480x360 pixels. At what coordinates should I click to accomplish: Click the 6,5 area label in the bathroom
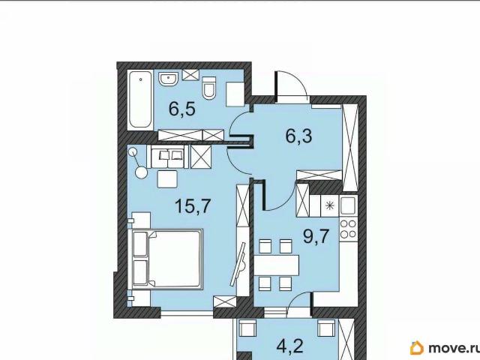click(x=181, y=109)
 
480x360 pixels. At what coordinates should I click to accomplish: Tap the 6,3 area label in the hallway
click(x=298, y=136)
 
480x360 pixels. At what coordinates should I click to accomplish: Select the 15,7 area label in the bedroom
click(x=193, y=205)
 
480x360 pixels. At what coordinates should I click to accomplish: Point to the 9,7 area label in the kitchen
click(x=316, y=236)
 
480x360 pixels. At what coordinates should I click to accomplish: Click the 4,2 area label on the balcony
click(x=289, y=346)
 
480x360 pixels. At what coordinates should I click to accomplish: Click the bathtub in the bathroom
click(x=140, y=100)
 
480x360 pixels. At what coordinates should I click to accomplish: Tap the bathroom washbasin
click(x=168, y=80)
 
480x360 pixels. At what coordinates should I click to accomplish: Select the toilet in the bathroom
click(x=209, y=88)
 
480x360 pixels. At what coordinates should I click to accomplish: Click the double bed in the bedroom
click(x=167, y=259)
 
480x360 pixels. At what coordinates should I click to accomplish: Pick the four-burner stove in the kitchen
click(x=348, y=229)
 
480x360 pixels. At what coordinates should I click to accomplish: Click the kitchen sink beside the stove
click(x=348, y=205)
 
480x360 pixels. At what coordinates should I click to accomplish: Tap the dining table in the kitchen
click(x=277, y=265)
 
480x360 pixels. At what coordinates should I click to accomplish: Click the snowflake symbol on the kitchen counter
click(x=330, y=205)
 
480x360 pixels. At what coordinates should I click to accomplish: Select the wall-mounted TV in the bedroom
click(x=238, y=265)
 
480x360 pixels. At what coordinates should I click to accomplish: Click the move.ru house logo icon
click(x=417, y=347)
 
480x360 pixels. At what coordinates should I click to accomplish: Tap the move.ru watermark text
click(x=454, y=348)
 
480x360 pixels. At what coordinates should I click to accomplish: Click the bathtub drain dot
click(x=140, y=79)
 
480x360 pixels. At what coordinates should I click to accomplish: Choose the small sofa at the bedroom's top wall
click(x=167, y=157)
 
